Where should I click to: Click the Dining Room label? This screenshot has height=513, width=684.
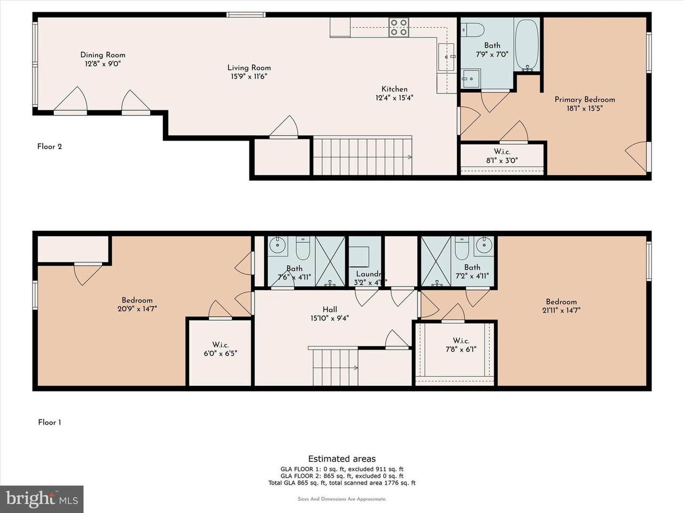click(103, 55)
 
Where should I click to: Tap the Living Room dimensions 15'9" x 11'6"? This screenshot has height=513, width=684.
click(248, 76)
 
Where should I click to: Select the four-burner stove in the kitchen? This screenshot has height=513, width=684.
click(398, 27)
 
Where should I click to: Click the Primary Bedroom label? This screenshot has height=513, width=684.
click(585, 99)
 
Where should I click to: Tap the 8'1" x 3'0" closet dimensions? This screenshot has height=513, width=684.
click(502, 160)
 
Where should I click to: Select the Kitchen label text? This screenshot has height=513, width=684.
click(394, 89)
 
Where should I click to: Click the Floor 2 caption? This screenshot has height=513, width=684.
click(50, 146)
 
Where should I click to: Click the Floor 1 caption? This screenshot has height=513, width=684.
click(50, 422)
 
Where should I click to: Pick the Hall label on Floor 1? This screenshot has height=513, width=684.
click(330, 309)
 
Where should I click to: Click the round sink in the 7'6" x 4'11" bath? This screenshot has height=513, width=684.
click(278, 246)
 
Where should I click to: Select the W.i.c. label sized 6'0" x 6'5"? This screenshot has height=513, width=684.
click(220, 345)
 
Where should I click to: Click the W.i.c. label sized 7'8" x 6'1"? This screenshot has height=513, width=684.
click(461, 341)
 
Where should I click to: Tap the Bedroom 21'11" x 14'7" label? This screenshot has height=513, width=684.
click(561, 301)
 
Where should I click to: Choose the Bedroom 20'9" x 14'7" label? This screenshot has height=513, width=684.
click(137, 300)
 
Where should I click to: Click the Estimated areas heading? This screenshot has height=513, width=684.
click(341, 458)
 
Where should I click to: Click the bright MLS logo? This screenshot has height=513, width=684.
click(41, 499)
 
